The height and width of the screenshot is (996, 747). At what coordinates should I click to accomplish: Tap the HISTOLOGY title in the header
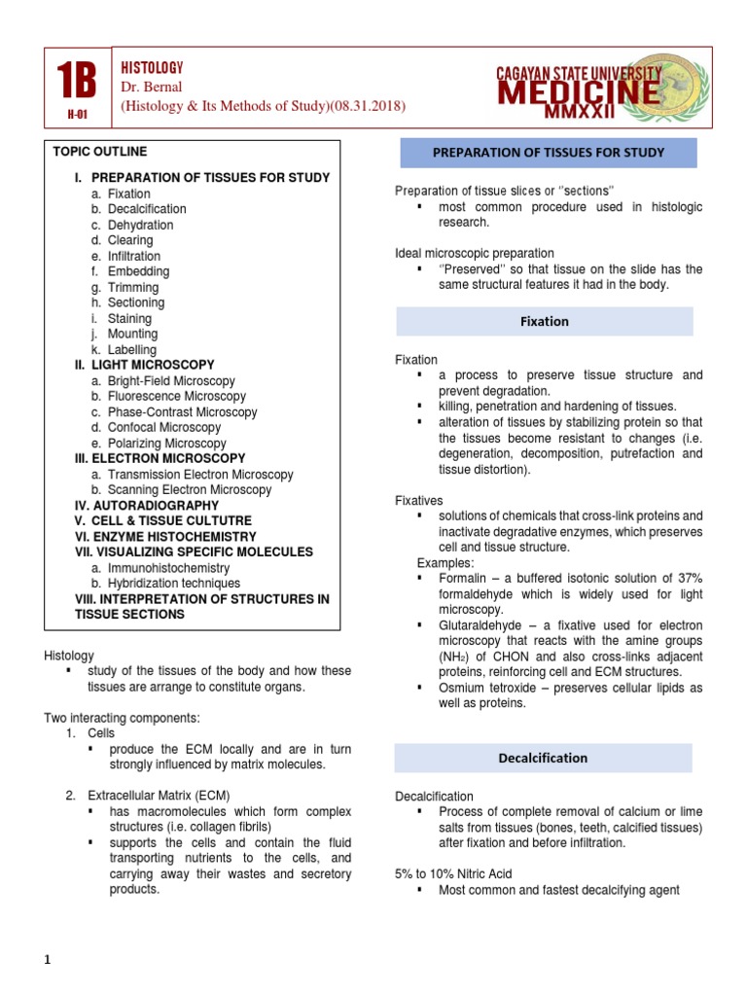coord(151,67)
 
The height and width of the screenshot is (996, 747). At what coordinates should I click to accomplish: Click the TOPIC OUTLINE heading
coord(100,152)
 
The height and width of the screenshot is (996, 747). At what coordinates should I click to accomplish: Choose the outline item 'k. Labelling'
coord(124,350)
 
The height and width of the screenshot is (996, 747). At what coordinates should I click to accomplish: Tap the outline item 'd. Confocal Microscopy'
coord(156,428)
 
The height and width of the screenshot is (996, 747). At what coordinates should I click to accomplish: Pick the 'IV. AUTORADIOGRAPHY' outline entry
coord(147,506)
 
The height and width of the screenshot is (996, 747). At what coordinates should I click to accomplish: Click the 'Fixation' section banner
coord(544,321)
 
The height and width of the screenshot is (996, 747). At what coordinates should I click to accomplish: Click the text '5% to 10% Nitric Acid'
coord(453,874)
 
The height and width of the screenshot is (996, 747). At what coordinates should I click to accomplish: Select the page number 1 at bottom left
coord(46,961)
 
